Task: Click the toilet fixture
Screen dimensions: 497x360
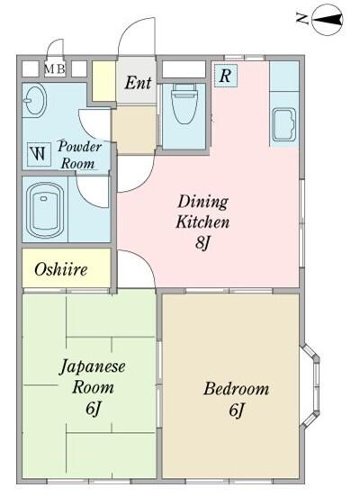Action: click(184, 105)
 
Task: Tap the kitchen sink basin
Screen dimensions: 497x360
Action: click(283, 126)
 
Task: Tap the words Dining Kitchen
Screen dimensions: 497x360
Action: click(202, 211)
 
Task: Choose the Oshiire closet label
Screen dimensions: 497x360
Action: click(59, 269)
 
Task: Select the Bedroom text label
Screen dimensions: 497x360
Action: click(236, 389)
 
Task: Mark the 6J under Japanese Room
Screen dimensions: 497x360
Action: click(94, 410)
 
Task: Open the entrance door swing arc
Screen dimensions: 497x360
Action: click(133, 38)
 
